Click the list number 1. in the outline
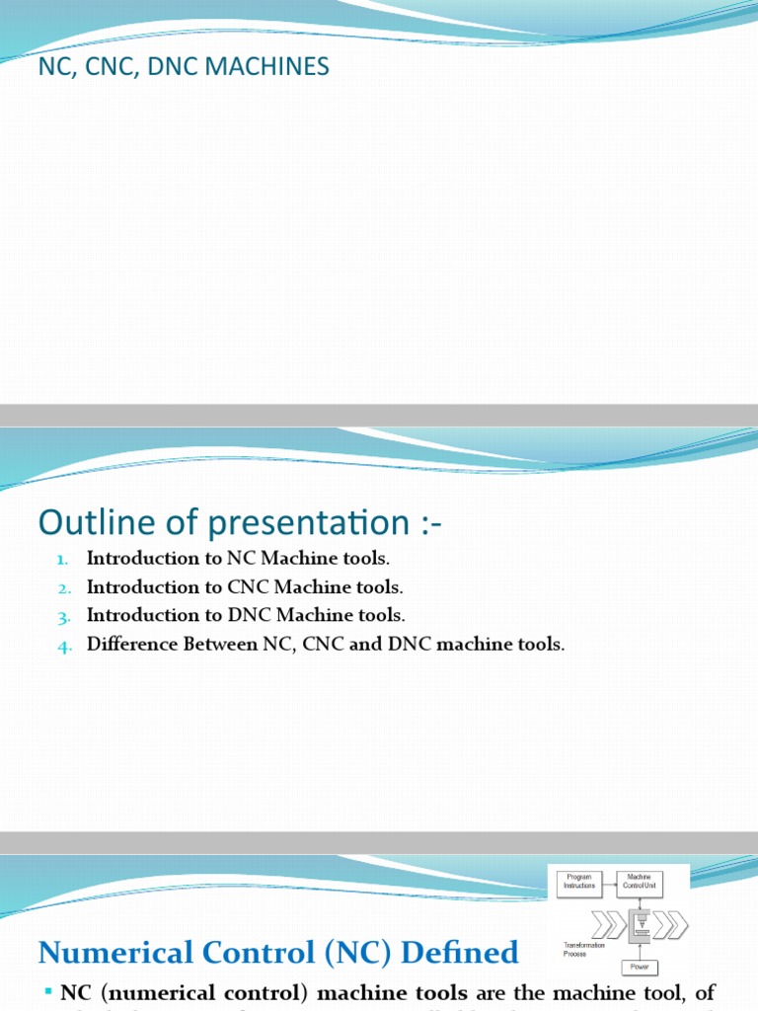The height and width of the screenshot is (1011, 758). point(63,559)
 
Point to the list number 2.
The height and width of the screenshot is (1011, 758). point(63,587)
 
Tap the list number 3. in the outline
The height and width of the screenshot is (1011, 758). point(63,616)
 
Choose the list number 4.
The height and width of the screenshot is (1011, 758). point(63,645)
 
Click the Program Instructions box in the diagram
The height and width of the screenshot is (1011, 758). point(579,882)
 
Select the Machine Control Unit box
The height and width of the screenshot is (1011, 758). point(640,882)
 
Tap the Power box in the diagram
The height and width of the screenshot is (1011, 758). point(640,969)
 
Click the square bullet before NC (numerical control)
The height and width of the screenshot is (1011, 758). point(47,990)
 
